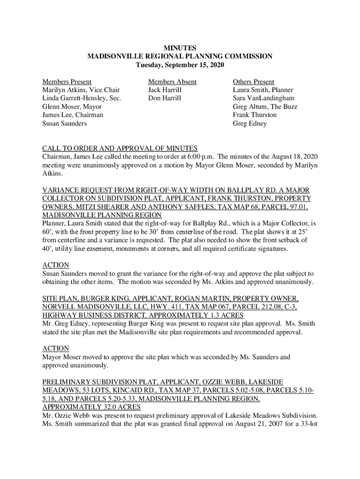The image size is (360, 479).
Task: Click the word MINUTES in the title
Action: pos(180,48)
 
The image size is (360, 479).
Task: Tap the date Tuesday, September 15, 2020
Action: pos(180,65)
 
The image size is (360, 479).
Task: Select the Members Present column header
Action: pos(67,81)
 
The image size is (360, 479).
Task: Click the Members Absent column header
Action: pos(172,81)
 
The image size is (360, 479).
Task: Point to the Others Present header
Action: pos(253,81)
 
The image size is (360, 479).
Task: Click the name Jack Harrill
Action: pos(165,90)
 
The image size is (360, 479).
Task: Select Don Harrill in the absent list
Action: pos(165,98)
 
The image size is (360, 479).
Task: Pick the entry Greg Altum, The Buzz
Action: pos(265,107)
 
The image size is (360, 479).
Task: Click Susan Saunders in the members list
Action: pos(65,123)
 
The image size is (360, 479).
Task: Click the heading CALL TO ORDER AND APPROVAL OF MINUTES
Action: pos(120,148)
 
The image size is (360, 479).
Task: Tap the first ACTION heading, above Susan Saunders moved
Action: pos(56,265)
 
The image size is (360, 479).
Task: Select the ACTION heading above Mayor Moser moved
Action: pos(56,348)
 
